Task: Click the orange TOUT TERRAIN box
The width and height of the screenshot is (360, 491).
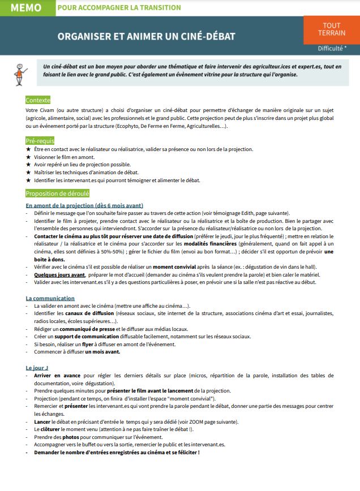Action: tap(332, 29)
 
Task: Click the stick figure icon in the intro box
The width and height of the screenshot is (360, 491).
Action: tap(22, 71)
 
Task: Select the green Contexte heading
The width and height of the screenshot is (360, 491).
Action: tap(38, 100)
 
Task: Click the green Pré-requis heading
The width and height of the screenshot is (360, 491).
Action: tap(40, 140)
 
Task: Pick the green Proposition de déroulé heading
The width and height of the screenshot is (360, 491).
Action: tap(58, 193)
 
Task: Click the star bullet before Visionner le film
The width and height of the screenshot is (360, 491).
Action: tap(28, 157)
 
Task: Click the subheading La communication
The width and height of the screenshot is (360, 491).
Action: tap(50, 298)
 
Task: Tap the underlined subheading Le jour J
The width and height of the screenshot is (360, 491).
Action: tap(37, 368)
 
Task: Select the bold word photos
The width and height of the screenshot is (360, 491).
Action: tap(71, 437)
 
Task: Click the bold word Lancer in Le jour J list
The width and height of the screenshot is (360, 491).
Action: tap(41, 421)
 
